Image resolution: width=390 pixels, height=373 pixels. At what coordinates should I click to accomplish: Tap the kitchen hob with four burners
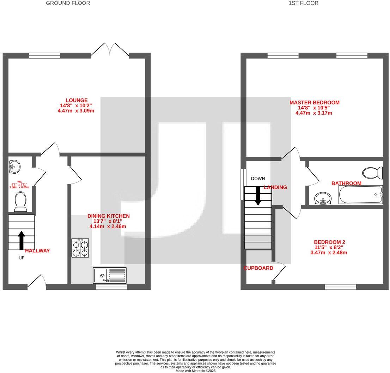click(x=80, y=248)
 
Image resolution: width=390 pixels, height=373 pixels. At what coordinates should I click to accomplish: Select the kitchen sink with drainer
click(x=110, y=275)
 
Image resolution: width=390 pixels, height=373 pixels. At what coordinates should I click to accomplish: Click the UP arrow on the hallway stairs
click(x=21, y=240)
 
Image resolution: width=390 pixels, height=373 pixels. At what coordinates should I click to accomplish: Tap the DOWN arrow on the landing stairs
click(x=258, y=195)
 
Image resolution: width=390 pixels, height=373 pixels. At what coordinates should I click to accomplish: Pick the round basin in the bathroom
click(x=323, y=198)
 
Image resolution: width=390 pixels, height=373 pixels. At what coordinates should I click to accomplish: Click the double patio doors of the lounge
click(x=115, y=49)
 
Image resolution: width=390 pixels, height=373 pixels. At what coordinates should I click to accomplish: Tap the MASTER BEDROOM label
click(x=314, y=103)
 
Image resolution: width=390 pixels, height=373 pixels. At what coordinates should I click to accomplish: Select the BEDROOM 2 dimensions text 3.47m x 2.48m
click(x=329, y=253)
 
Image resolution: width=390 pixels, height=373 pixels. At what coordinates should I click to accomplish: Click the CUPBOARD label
click(x=258, y=268)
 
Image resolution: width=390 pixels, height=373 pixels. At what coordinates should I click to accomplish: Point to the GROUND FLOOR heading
click(x=68, y=3)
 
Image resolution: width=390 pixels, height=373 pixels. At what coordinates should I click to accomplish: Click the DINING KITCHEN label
click(x=109, y=216)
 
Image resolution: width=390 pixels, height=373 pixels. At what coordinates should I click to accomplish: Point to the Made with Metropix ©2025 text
click(x=195, y=371)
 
